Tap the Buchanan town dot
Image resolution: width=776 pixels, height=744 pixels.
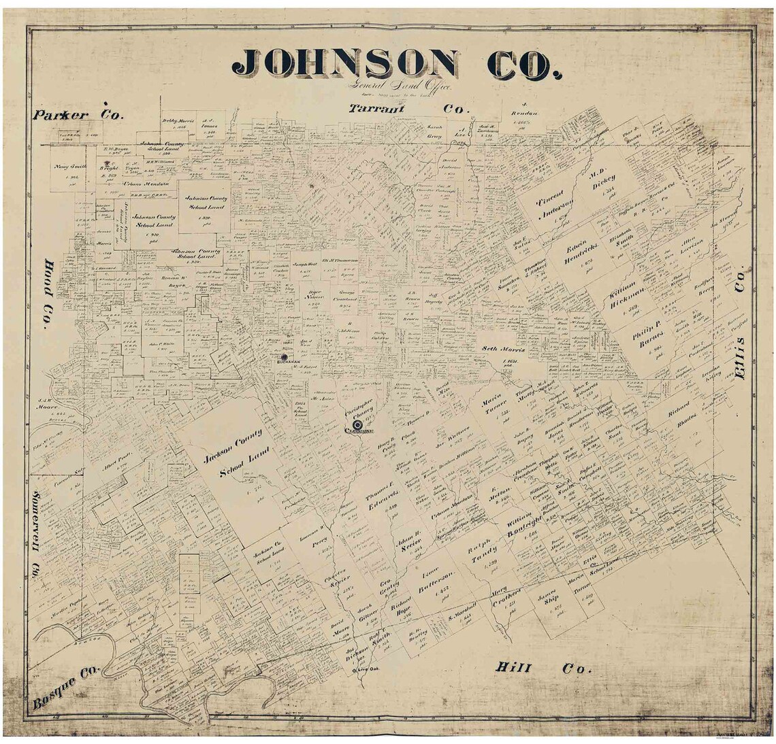tap(284, 355)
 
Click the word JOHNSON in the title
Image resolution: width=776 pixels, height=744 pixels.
tap(344, 64)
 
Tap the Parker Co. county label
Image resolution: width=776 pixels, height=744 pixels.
tap(78, 115)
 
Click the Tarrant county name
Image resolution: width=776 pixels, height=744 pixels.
tap(377, 109)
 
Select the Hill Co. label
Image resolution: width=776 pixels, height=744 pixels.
tap(542, 668)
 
